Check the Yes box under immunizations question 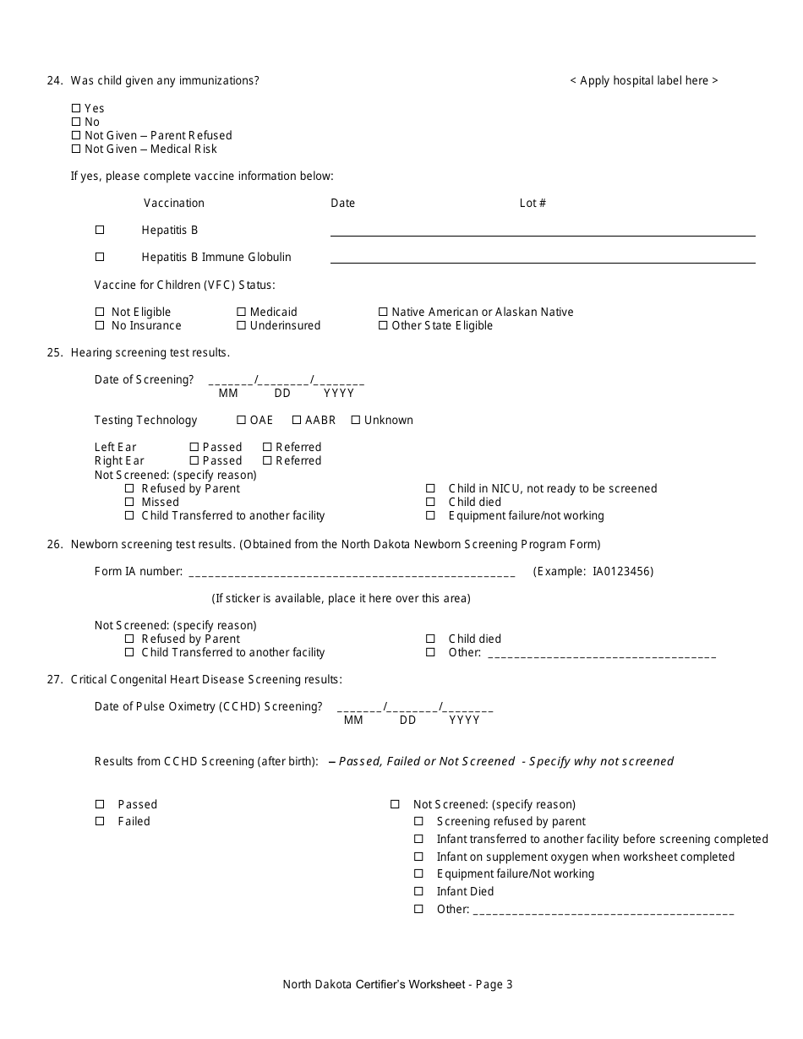tap(76, 108)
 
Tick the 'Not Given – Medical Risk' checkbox tap(76, 149)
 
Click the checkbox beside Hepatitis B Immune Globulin tap(100, 257)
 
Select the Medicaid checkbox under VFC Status tap(242, 312)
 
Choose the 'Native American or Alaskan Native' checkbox tap(383, 312)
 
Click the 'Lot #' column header tap(533, 203)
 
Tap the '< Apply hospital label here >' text tap(643, 81)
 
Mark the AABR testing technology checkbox tap(298, 420)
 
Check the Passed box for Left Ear tap(194, 447)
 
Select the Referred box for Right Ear tap(267, 460)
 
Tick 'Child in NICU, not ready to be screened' tap(430, 488)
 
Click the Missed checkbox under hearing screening tap(129, 502)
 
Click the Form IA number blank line tap(351, 573)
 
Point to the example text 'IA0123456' tap(622, 571)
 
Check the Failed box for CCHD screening tap(100, 821)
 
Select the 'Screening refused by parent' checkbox tap(418, 821)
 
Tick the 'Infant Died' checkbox tap(418, 891)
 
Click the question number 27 tap(55, 679)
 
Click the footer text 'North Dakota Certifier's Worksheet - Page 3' tap(397, 984)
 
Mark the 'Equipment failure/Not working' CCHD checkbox tap(418, 873)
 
